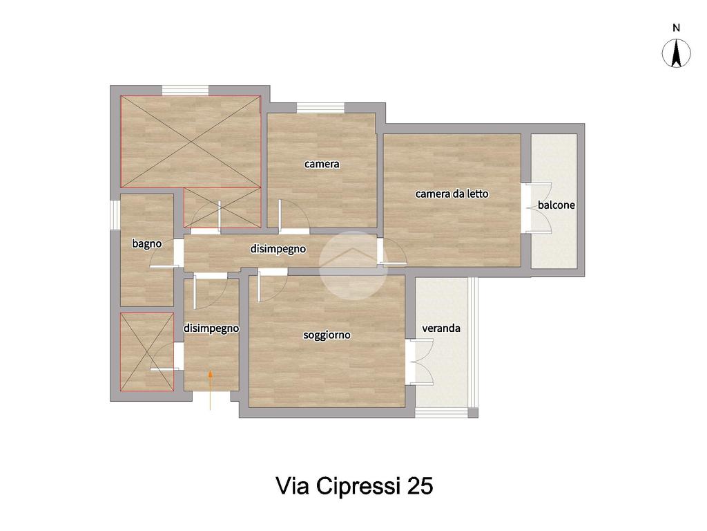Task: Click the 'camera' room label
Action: pyautogui.click(x=322, y=164)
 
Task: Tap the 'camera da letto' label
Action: pyautogui.click(x=452, y=194)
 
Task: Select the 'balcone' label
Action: pyautogui.click(x=556, y=205)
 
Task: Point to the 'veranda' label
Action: pyautogui.click(x=441, y=328)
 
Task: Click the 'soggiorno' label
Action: pyautogui.click(x=327, y=335)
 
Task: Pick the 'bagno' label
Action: pyautogui.click(x=147, y=244)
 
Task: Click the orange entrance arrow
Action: pyautogui.click(x=210, y=390)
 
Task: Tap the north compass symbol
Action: pyautogui.click(x=676, y=53)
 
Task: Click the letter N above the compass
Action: pyautogui.click(x=676, y=28)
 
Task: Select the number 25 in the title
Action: pyautogui.click(x=420, y=486)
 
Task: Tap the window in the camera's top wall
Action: pyautogui.click(x=320, y=108)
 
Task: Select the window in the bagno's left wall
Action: pyautogui.click(x=115, y=215)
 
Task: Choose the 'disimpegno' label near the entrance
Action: pyautogui.click(x=211, y=328)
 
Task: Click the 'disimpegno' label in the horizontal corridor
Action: pyautogui.click(x=278, y=249)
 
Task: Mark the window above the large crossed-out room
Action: pyautogui.click(x=185, y=91)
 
